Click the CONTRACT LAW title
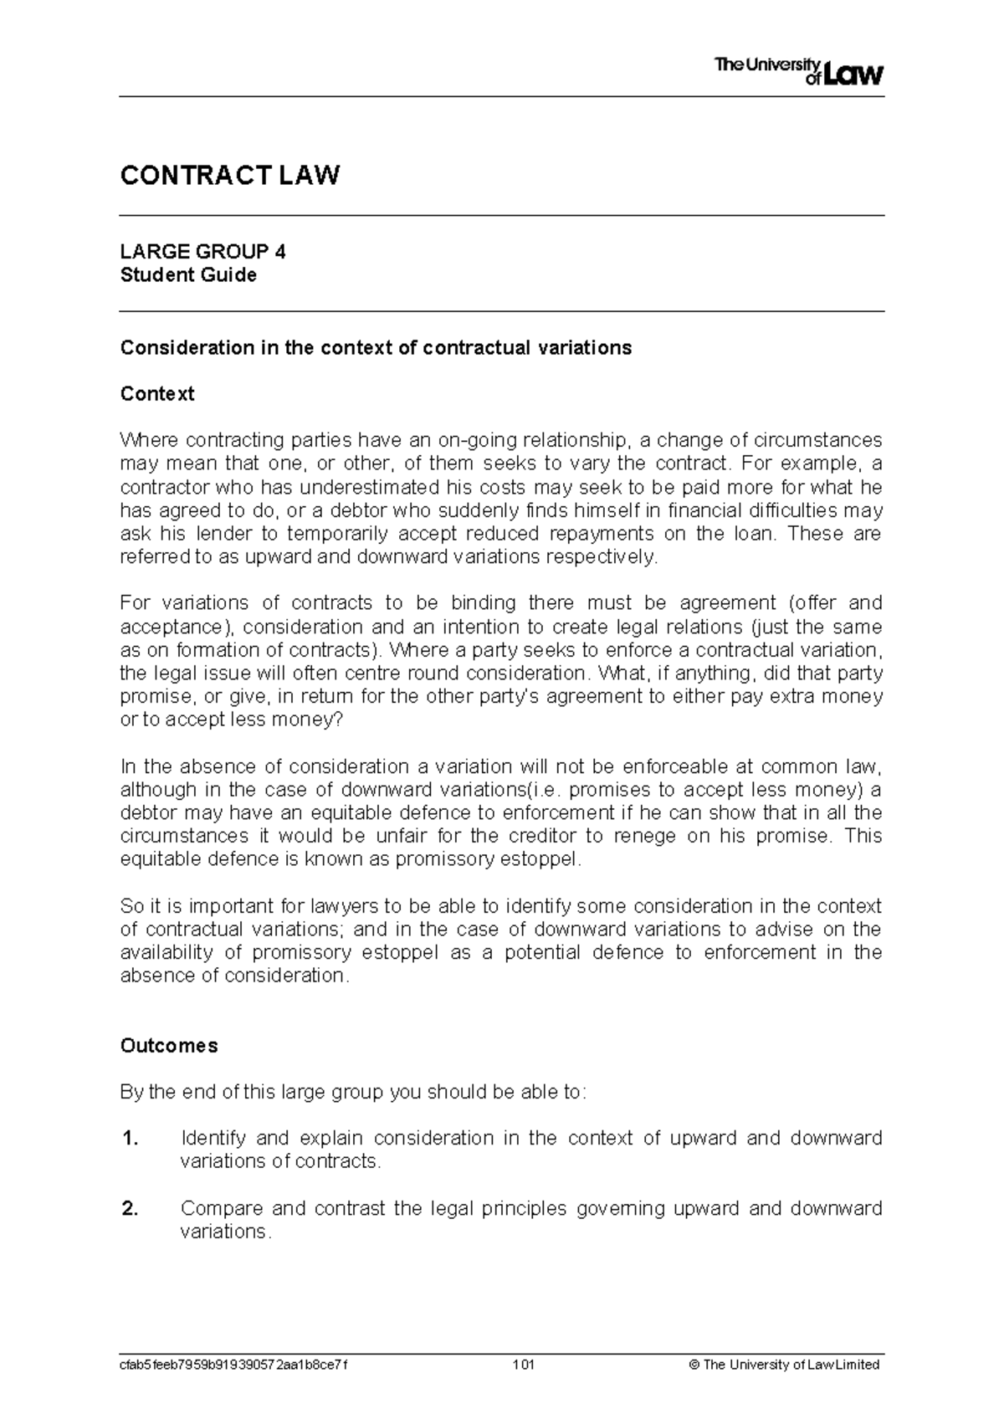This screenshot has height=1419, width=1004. point(230,176)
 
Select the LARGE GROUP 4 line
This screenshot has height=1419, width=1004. point(203,252)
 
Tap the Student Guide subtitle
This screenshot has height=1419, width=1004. point(188,275)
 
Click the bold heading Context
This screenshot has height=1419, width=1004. point(157,394)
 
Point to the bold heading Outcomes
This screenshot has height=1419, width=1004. point(169,1046)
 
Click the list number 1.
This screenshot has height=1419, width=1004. point(129,1139)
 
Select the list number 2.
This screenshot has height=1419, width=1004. point(129,1209)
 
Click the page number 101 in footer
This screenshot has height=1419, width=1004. point(524,1365)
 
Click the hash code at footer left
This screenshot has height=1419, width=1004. point(234,1365)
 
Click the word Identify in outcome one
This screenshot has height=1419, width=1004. point(213,1139)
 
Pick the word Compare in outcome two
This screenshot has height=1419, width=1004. point(220,1209)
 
